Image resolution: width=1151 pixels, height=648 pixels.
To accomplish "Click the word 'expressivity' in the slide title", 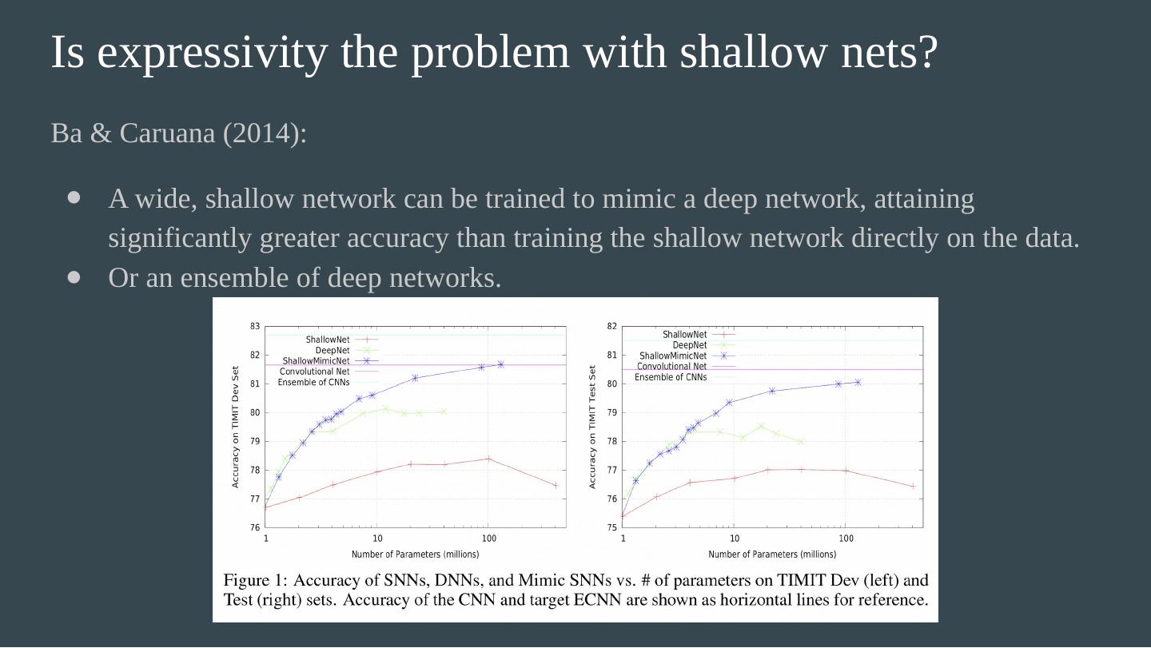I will click(213, 53).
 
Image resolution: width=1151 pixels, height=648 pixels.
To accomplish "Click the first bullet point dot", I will click(75, 197).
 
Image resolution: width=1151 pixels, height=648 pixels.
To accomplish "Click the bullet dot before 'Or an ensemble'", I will click(75, 277).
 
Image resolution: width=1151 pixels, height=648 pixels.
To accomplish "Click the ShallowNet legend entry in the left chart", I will click(327, 340).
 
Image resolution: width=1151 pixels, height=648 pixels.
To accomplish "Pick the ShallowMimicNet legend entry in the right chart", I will click(673, 356).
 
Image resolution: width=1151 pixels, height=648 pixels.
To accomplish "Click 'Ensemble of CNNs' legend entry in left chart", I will click(313, 382).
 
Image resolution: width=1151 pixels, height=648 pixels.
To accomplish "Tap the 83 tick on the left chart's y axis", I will click(255, 326).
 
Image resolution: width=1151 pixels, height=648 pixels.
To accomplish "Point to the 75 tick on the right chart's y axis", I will click(611, 527).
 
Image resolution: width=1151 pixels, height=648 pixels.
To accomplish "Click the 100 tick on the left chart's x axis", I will click(488, 539).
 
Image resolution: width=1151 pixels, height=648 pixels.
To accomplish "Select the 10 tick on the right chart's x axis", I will click(734, 539).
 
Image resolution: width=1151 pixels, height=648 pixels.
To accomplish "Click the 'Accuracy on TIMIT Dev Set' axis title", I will click(236, 427).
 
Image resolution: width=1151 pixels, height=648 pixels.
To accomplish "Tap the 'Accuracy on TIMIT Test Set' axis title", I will click(592, 427).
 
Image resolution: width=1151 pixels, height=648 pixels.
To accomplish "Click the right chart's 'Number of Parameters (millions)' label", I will click(771, 555).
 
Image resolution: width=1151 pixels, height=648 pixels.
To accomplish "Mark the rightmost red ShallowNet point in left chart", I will click(556, 485).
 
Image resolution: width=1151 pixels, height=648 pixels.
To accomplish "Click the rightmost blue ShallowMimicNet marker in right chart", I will click(858, 382).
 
